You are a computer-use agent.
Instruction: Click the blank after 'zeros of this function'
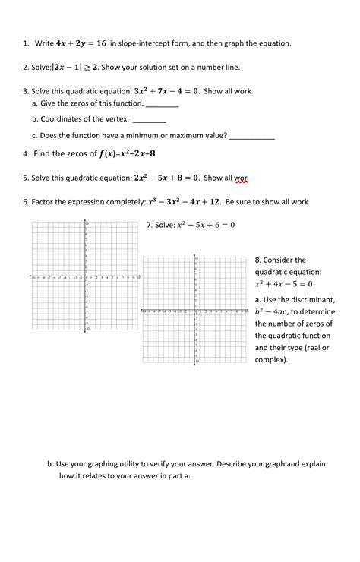[x=161, y=104]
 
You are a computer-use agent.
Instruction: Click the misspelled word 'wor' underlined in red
[x=240, y=178]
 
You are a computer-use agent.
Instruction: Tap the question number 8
[x=258, y=260]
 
